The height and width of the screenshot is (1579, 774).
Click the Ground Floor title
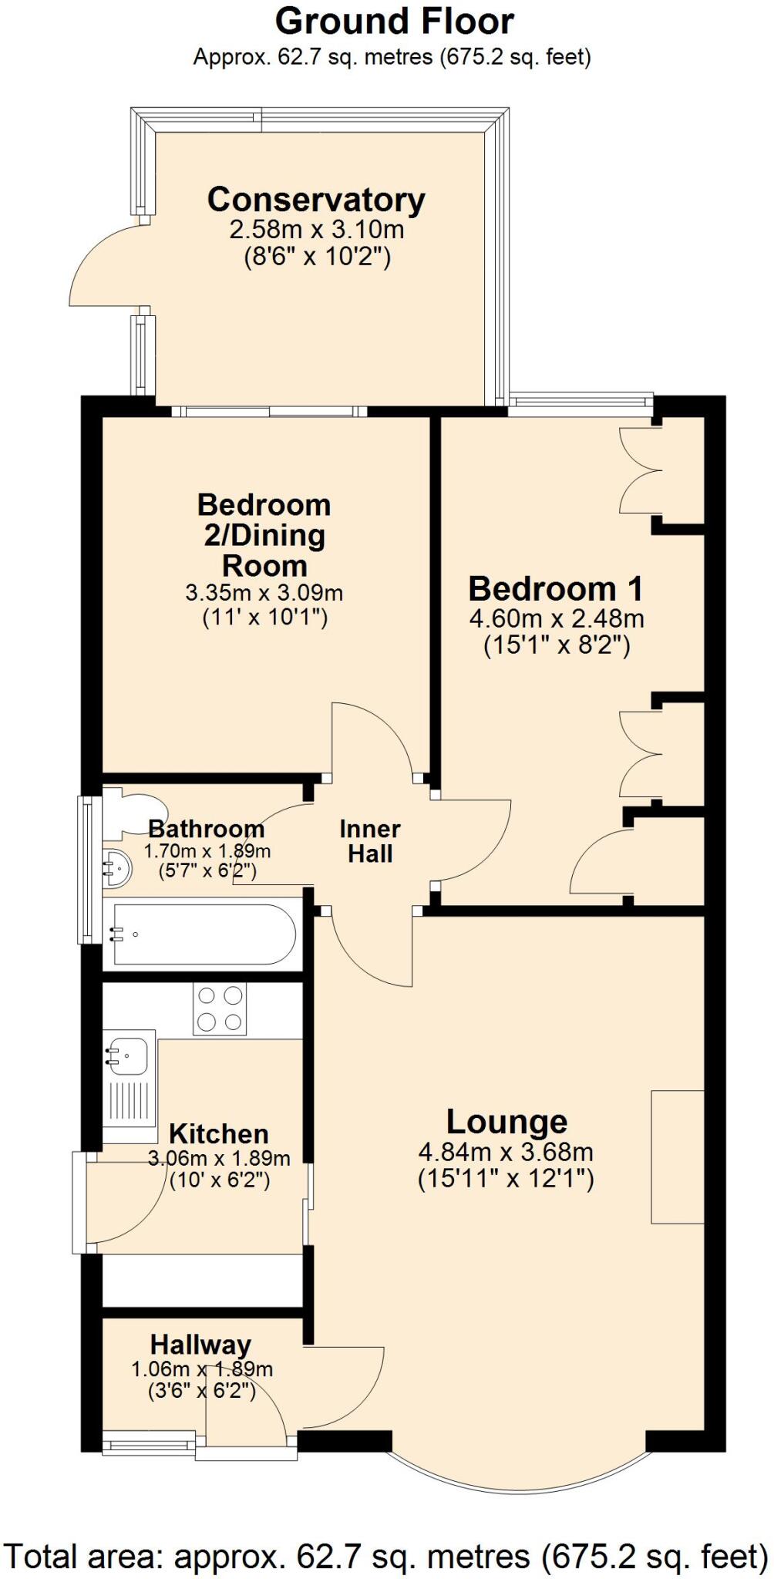(x=394, y=22)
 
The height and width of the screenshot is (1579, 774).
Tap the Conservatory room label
(x=316, y=200)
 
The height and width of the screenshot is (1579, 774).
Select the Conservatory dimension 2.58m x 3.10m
(x=316, y=229)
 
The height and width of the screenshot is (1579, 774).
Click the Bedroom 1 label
(x=555, y=589)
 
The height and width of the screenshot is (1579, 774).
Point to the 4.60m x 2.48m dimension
(x=557, y=618)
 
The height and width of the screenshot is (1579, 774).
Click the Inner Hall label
(x=370, y=841)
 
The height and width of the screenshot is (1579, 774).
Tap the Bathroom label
(x=207, y=830)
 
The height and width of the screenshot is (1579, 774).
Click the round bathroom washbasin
(x=116, y=867)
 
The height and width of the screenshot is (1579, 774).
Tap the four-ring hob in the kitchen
(x=220, y=1009)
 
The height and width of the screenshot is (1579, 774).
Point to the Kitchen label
(x=219, y=1134)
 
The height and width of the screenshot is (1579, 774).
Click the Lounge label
(x=506, y=1122)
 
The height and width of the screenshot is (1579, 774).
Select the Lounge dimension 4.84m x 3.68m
(x=506, y=1153)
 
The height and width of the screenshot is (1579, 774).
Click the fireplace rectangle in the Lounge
(x=678, y=1156)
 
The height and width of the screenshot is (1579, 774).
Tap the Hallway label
(x=201, y=1345)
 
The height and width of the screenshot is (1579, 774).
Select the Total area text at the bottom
(x=386, y=1550)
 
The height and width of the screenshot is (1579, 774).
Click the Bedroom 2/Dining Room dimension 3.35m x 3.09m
(x=264, y=594)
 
